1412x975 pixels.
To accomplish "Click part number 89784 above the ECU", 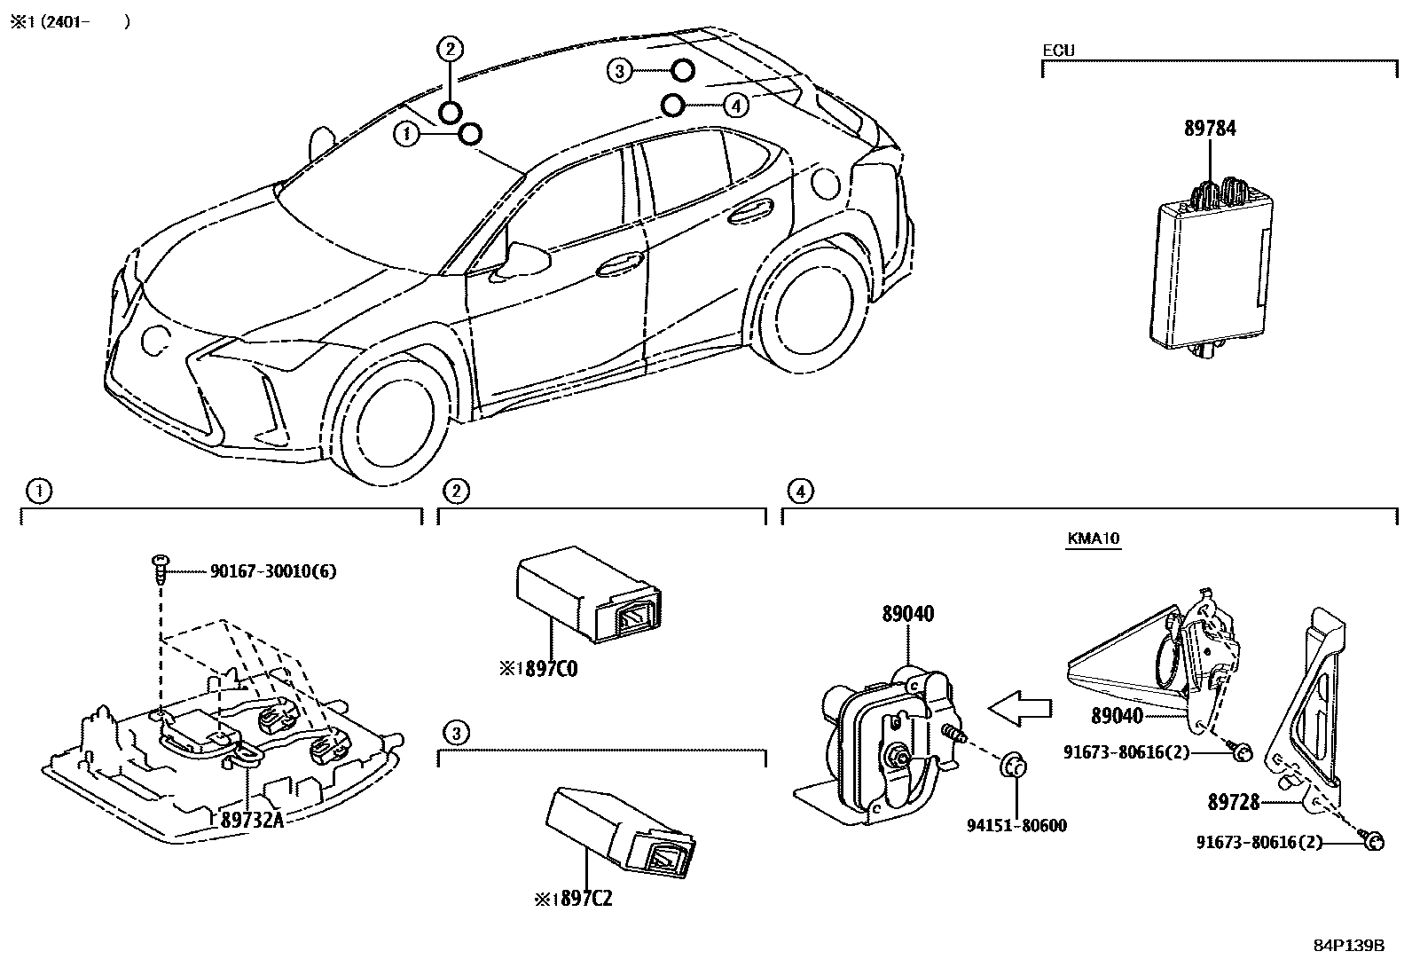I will (1210, 129).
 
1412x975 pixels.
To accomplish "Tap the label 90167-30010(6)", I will (273, 572).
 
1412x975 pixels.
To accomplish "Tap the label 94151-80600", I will (1016, 826).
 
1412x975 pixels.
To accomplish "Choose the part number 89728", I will (1233, 803).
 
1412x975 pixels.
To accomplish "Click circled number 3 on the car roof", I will (620, 70).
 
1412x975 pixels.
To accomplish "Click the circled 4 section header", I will (800, 491).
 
